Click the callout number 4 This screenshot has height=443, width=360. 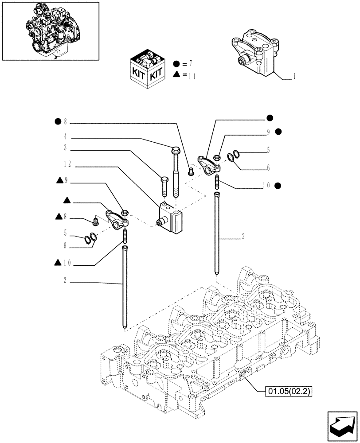tap(65, 137)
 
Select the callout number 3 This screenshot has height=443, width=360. tap(65, 148)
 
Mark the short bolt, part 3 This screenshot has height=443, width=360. tap(163, 186)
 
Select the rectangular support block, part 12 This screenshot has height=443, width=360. tap(170, 217)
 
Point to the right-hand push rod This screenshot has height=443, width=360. tap(217, 235)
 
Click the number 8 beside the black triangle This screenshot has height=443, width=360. tap(67, 216)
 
